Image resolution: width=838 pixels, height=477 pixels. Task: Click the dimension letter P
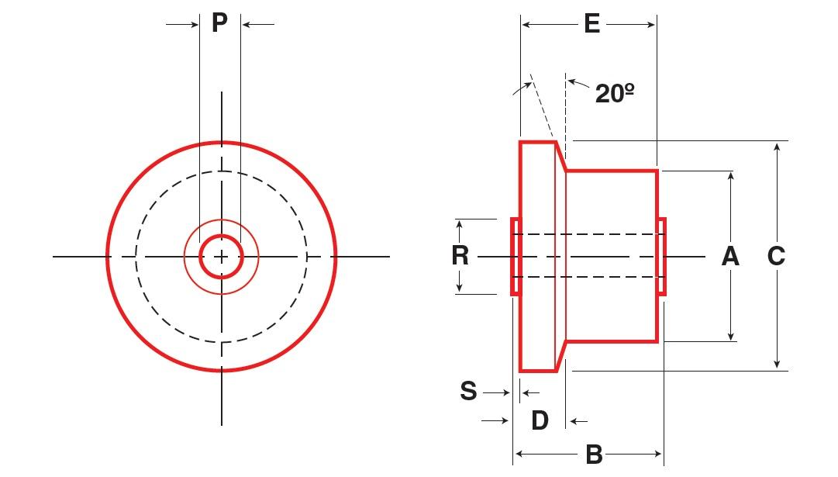(220, 22)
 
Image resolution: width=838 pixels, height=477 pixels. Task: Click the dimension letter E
(591, 24)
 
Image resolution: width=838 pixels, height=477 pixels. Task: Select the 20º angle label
(616, 93)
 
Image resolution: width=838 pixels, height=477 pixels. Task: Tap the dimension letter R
(460, 255)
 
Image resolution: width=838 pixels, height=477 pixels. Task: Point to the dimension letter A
(730, 255)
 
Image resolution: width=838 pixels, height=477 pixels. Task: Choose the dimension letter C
(776, 255)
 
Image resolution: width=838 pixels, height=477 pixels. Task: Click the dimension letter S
(468, 391)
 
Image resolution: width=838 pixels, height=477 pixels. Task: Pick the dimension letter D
(540, 420)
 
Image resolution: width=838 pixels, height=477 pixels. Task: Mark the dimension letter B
(594, 455)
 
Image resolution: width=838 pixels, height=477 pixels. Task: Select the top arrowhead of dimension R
(460, 224)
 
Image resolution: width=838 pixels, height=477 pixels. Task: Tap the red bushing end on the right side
(661, 256)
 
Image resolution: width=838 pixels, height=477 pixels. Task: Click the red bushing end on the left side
(514, 256)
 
